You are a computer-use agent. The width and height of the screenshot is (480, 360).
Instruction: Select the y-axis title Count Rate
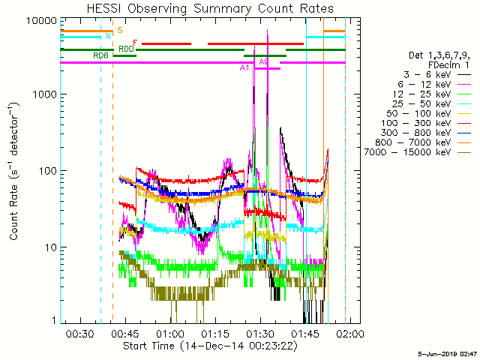point(14,171)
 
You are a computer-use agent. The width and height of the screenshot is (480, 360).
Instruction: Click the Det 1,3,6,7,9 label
point(424,55)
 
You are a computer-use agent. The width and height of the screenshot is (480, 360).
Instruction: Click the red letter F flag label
point(135,43)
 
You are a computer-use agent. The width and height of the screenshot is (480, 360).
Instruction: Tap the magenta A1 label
point(244,68)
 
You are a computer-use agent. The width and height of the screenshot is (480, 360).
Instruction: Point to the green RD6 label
point(100,55)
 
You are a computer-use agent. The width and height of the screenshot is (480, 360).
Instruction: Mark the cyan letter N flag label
point(108,36)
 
